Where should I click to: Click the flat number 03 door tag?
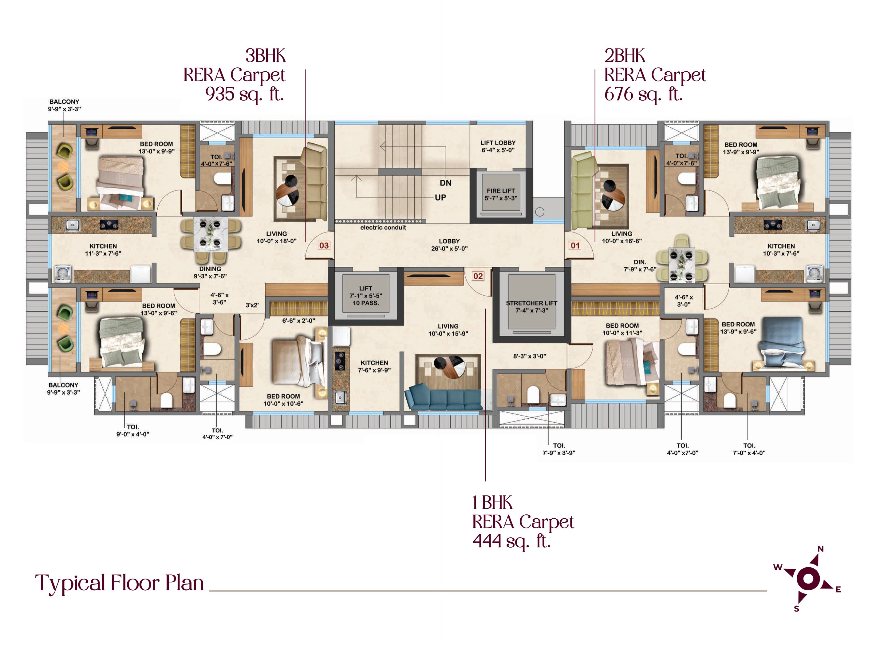324,245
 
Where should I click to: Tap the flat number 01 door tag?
575,245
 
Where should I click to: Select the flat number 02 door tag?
478,276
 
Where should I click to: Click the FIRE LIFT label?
501,191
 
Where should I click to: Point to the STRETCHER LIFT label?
531,303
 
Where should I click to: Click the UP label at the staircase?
440,197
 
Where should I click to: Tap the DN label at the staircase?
445,183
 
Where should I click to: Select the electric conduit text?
383,228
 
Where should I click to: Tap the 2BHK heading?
624,56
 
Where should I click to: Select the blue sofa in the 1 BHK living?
443,397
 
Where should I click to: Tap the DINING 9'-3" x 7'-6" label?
210,273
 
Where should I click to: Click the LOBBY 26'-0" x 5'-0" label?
449,245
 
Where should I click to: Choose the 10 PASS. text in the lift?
366,303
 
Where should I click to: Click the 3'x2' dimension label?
252,305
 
